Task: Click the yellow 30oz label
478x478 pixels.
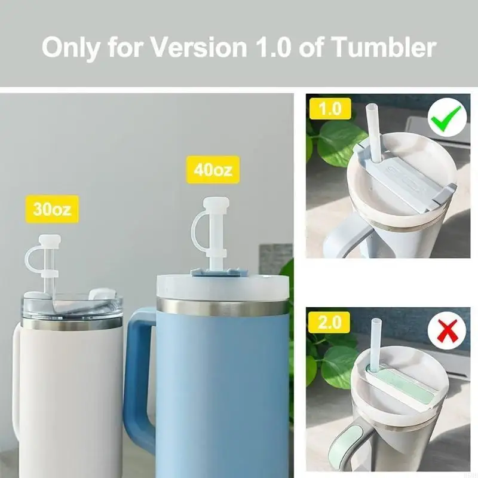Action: click(x=53, y=209)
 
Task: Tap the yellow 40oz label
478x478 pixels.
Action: click(x=213, y=170)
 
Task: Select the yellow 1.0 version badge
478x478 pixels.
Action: click(x=329, y=109)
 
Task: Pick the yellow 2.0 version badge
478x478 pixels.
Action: click(x=329, y=323)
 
